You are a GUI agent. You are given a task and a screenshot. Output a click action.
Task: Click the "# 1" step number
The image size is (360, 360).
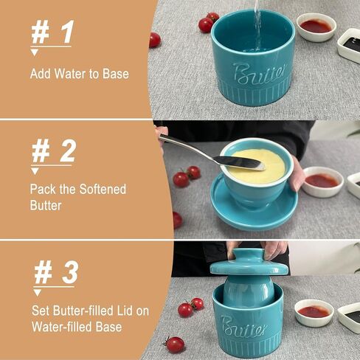click(x=52, y=32)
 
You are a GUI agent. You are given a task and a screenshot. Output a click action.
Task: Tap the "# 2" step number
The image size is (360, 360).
click(x=53, y=151)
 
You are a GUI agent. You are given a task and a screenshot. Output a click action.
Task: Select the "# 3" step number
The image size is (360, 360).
click(x=56, y=272)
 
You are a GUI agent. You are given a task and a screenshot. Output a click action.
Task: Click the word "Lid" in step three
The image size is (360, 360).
click(x=122, y=311)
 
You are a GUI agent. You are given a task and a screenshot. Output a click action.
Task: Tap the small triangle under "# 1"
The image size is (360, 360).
click(x=34, y=52)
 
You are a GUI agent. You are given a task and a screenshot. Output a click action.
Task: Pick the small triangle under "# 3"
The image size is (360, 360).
click(x=38, y=293)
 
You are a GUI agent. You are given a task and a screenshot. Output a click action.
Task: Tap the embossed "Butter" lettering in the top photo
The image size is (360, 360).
click(x=260, y=73)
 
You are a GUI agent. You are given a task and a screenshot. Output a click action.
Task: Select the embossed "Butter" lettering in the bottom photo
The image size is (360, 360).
click(x=244, y=327)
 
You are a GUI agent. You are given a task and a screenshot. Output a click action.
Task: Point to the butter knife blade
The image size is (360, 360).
click(x=239, y=163)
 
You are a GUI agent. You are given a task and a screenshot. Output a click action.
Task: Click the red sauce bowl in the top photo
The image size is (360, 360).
click(x=316, y=27)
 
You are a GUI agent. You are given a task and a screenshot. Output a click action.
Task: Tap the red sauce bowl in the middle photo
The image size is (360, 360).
click(x=322, y=181)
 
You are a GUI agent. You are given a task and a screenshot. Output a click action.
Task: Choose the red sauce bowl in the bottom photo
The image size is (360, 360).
click(x=314, y=313)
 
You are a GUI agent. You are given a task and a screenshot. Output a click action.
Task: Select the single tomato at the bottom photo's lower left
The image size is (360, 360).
click(x=175, y=345)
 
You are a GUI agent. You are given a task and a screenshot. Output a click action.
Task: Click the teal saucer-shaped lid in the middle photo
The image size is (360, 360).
click(x=254, y=209)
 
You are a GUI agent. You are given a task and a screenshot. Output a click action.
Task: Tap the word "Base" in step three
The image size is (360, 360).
click(x=108, y=327)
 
